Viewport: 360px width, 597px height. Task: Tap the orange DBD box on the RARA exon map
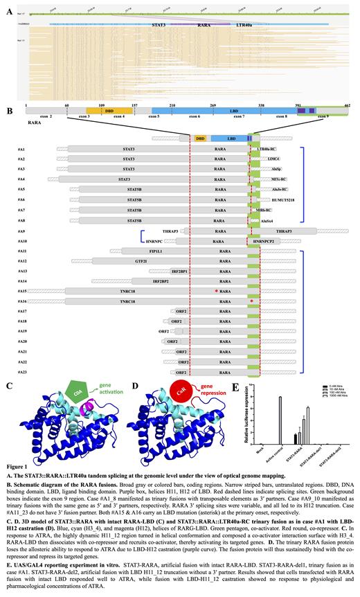point(99,110)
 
